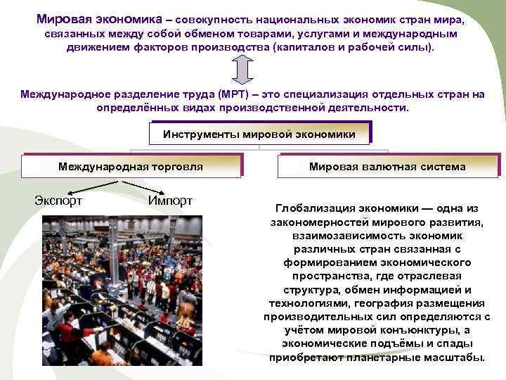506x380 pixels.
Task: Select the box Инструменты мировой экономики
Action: pyautogui.click(x=259, y=133)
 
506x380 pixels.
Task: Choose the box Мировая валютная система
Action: pyautogui.click(x=387, y=167)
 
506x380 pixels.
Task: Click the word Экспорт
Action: pyautogui.click(x=58, y=201)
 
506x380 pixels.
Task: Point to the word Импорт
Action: pyautogui.click(x=170, y=201)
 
